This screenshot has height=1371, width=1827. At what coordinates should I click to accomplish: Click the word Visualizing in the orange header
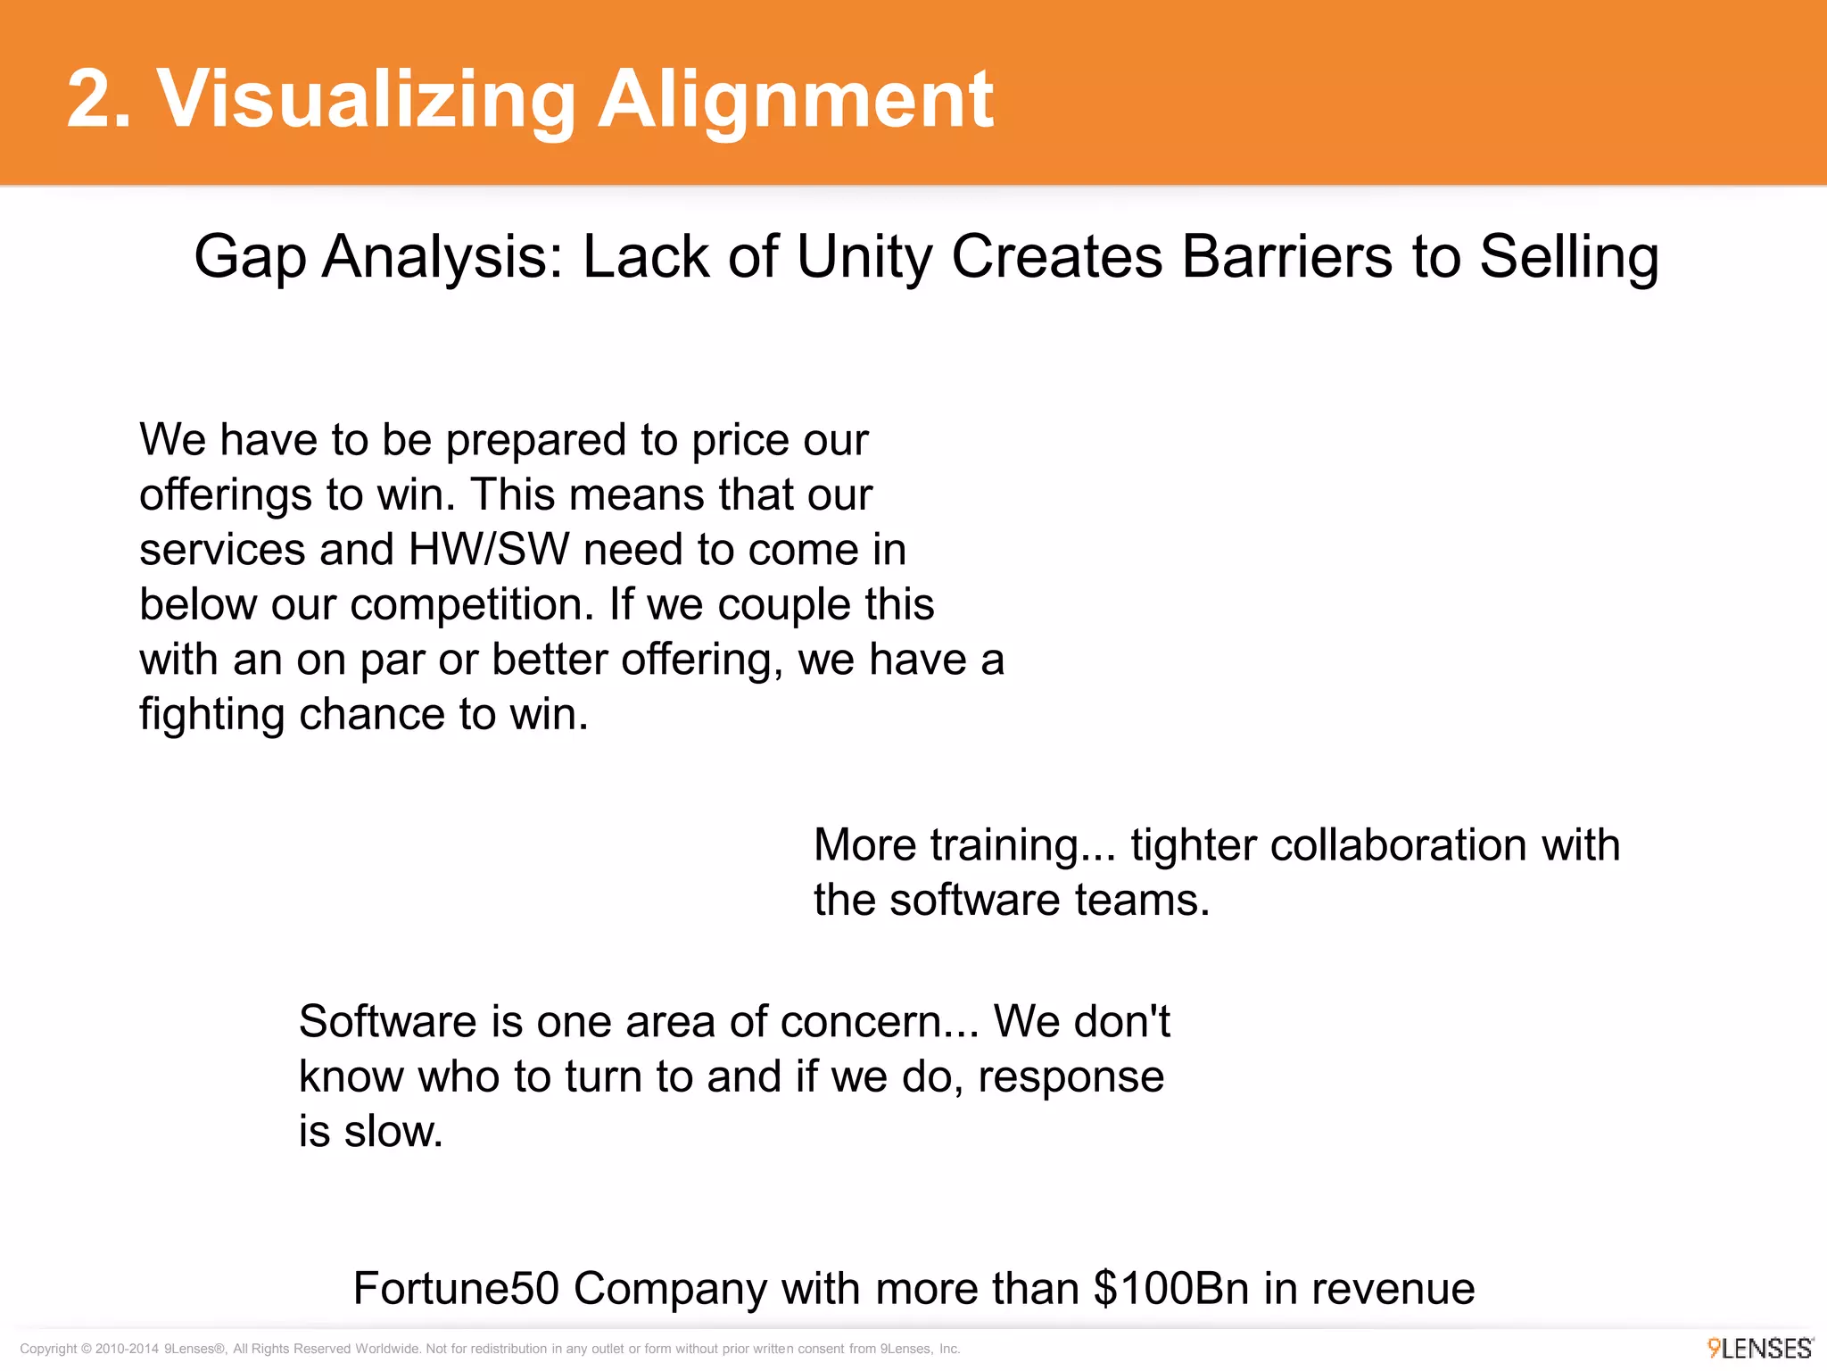tap(366, 100)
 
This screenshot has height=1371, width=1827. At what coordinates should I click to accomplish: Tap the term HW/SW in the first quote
tap(489, 550)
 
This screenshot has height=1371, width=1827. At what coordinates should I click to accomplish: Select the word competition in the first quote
tap(472, 606)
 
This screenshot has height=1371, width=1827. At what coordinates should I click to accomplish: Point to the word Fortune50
tap(456, 1289)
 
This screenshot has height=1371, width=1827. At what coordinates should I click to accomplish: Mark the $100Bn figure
tap(1171, 1289)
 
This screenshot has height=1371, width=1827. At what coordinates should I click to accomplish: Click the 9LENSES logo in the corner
tap(1760, 1348)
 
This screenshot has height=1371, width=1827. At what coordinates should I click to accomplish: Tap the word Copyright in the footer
tap(48, 1349)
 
